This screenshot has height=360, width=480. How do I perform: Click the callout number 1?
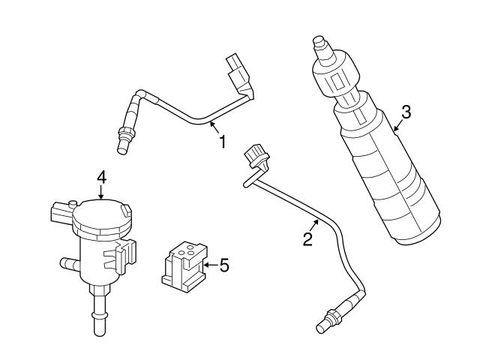tap(222, 140)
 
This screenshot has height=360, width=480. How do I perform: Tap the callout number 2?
tap(307, 239)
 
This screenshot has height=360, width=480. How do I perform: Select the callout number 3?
tap(406, 112)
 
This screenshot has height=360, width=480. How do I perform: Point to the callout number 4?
tap(102, 178)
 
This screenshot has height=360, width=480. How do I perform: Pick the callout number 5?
tap(223, 265)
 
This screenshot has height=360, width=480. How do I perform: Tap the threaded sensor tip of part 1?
tap(124, 139)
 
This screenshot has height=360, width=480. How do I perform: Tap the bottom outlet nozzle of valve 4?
tap(98, 322)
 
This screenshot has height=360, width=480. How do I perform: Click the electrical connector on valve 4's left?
tap(61, 212)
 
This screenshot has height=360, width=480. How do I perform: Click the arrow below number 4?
tap(102, 193)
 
